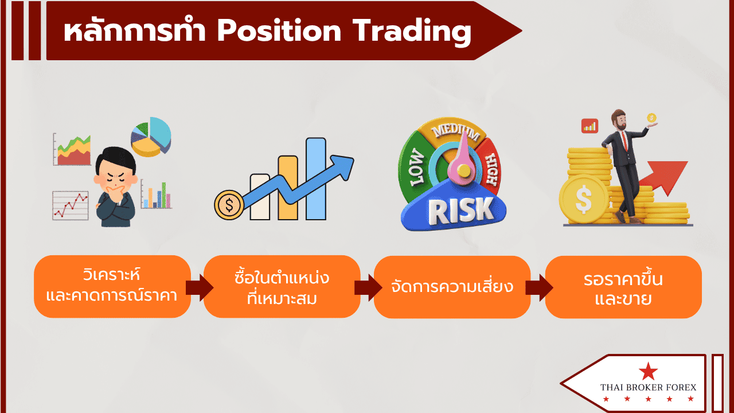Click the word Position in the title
tap(279, 31)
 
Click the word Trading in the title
tap(412, 32)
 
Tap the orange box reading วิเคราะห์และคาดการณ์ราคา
tap(112, 286)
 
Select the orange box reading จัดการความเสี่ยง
tap(452, 287)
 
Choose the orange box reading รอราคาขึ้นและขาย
tap(623, 287)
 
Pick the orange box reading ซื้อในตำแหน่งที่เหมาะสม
tap(282, 286)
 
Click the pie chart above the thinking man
tap(151, 137)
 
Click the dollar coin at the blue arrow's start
tap(229, 205)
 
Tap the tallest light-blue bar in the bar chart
tap(316, 178)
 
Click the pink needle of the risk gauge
tap(463, 161)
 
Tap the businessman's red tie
tap(624, 141)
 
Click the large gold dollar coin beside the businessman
tap(584, 198)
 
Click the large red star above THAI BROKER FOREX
tap(648, 372)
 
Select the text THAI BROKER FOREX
tap(648, 387)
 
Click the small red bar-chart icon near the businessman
tap(590, 126)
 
